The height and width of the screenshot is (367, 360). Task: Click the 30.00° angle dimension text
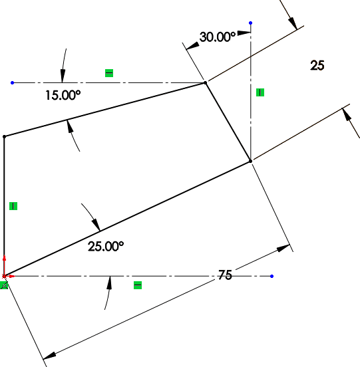tap(218, 37)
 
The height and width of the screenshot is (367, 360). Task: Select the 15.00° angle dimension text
tap(63, 95)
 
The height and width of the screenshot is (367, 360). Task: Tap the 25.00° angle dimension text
tap(106, 247)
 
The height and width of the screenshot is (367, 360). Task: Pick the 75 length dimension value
tap(225, 275)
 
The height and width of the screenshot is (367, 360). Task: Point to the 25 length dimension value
tap(317, 65)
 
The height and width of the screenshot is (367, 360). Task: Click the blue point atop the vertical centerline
tap(251, 23)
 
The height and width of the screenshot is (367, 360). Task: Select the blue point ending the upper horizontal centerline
tap(13, 82)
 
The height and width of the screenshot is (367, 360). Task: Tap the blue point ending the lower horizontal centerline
tap(271, 276)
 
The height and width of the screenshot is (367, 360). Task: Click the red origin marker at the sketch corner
tap(4, 276)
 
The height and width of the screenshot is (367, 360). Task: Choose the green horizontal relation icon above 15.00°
tap(109, 73)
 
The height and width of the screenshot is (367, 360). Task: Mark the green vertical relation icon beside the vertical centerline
tap(260, 92)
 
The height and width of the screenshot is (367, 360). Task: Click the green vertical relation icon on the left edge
tap(13, 206)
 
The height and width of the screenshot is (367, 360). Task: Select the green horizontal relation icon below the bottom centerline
tap(138, 285)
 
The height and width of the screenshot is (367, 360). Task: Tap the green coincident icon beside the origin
tap(4, 285)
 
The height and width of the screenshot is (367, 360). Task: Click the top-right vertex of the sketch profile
tap(206, 82)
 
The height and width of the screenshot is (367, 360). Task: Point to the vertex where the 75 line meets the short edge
tap(250, 161)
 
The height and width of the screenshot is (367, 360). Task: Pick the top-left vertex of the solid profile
tap(4, 136)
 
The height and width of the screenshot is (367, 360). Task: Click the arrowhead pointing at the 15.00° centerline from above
tap(63, 76)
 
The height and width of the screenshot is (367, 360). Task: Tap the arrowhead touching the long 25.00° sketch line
tap(96, 225)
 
